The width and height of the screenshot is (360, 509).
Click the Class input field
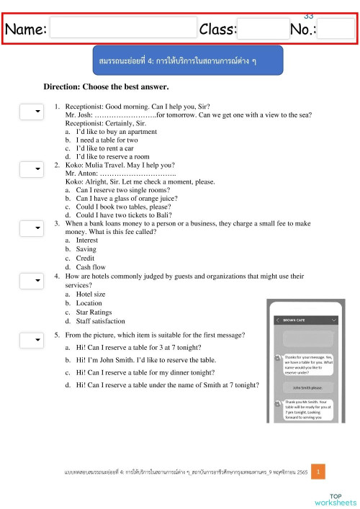point(263,29)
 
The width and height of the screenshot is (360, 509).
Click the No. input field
point(336,29)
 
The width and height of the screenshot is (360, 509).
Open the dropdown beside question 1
point(31,111)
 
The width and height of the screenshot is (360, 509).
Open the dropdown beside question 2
point(31,168)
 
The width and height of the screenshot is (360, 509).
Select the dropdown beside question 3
point(31,227)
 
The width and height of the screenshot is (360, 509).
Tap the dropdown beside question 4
point(31,281)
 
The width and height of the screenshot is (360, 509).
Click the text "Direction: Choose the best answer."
point(106,87)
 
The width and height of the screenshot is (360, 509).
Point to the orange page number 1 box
point(317,472)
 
